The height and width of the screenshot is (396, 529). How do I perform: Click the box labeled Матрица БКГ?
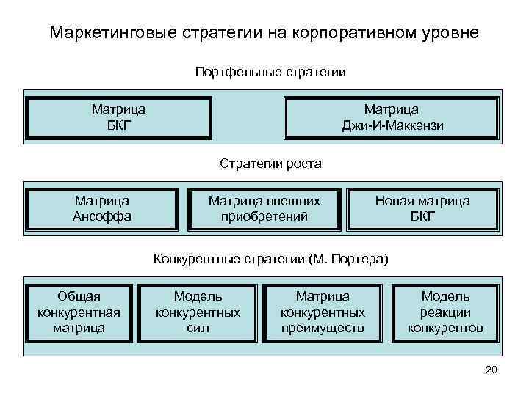[x=118, y=117]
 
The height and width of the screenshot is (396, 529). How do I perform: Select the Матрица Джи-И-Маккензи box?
[x=392, y=117]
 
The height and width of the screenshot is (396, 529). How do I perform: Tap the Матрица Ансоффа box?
[x=102, y=208]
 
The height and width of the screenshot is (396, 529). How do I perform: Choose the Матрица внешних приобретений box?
[x=264, y=208]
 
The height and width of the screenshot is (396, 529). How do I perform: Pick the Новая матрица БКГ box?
[x=422, y=208]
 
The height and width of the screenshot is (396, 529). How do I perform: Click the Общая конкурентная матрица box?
[x=79, y=312]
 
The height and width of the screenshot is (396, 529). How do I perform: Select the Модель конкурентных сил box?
[x=198, y=312]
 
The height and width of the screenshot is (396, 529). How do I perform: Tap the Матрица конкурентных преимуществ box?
[x=323, y=312]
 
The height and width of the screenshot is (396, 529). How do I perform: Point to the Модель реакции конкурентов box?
[x=445, y=312]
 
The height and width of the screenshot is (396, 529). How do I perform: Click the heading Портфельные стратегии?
[x=270, y=73]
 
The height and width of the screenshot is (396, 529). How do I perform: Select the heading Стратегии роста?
[x=270, y=163]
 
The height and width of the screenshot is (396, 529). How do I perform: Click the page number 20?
[x=492, y=370]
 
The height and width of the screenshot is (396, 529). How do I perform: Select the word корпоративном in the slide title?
[x=353, y=34]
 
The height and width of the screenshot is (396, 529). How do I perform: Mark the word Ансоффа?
[x=102, y=216]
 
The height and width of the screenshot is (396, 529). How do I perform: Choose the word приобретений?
[x=264, y=216]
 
